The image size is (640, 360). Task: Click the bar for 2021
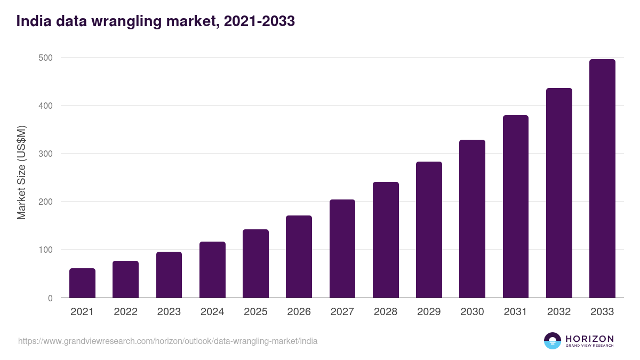click(x=82, y=283)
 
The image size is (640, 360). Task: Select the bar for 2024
click(x=212, y=270)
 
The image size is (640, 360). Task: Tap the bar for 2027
click(x=342, y=249)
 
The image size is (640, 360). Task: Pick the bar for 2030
click(x=472, y=219)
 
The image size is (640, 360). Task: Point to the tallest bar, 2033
click(x=602, y=179)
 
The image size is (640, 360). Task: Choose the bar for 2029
click(x=429, y=230)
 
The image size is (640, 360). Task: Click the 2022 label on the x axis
click(x=125, y=312)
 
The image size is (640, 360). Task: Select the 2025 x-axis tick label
click(x=255, y=312)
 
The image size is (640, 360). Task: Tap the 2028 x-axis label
click(x=386, y=312)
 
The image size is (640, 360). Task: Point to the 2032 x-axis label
click(x=559, y=312)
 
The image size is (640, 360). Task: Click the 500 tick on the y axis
click(x=46, y=58)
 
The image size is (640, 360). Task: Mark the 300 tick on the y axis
click(x=46, y=154)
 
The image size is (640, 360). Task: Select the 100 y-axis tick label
click(x=46, y=250)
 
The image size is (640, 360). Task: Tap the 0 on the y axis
click(x=50, y=298)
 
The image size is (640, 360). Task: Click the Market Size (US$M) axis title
click(x=21, y=172)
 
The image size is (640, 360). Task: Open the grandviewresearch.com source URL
click(x=167, y=341)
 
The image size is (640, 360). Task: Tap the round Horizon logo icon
click(x=553, y=341)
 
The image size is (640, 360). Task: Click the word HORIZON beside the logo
click(x=589, y=338)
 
